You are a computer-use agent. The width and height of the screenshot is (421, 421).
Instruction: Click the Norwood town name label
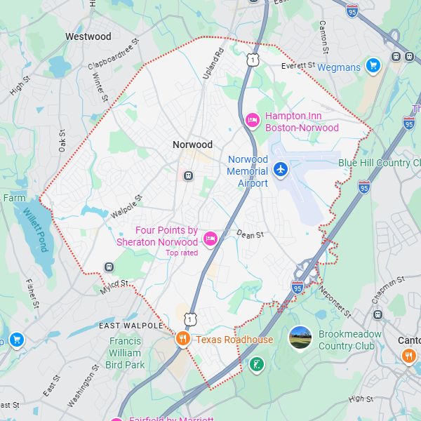[x=192, y=145]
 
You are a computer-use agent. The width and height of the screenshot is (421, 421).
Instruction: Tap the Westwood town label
[x=88, y=36]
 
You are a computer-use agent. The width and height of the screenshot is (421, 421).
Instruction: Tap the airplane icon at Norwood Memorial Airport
[x=281, y=169]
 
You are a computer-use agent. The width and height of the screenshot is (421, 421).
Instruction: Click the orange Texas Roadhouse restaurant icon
[x=182, y=339]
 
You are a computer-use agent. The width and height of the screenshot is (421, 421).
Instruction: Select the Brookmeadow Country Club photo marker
[x=300, y=338]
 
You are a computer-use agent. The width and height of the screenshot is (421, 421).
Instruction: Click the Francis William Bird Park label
[x=125, y=353]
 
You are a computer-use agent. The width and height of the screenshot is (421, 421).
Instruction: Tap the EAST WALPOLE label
[x=131, y=326]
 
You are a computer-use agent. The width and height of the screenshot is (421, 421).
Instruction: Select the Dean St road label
[x=249, y=234]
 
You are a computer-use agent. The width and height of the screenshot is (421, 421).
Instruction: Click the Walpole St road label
[x=126, y=201]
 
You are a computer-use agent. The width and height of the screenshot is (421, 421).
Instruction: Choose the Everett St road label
[x=298, y=65]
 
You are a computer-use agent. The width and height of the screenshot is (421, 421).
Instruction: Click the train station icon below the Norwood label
[x=188, y=175]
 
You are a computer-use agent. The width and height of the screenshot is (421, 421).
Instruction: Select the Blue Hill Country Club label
[x=379, y=163]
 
